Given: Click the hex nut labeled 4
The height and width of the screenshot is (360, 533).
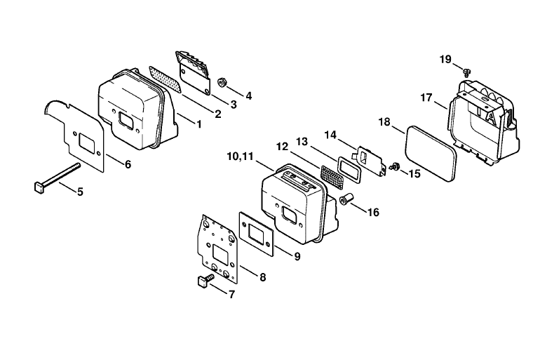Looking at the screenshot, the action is click(222, 82).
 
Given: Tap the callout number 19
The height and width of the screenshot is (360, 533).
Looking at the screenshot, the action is click(445, 60).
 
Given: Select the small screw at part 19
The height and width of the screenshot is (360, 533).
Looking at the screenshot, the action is click(468, 72).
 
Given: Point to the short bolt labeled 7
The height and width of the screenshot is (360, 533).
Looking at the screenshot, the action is click(205, 281).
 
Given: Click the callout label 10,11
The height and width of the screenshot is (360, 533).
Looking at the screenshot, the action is click(241, 156).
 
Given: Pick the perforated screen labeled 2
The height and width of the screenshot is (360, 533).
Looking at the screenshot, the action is click(166, 79).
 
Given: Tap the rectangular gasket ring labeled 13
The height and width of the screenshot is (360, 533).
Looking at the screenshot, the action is click(349, 169).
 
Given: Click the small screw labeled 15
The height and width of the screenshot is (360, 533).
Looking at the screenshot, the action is click(395, 167).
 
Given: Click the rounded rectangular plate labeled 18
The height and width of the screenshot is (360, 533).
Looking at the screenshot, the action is click(431, 153).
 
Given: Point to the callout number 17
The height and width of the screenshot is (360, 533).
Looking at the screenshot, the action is click(426, 98).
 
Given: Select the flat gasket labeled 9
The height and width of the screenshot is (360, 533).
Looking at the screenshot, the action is click(257, 234).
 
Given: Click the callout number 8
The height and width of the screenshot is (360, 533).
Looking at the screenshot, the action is click(263, 277).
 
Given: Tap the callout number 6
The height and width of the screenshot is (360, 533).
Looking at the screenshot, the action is click(128, 164).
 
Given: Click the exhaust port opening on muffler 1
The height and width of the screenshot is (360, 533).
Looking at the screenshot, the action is click(126, 121).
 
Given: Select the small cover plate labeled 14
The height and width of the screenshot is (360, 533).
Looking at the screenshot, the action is click(371, 161).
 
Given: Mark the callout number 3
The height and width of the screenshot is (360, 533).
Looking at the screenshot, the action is click(233, 105).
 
